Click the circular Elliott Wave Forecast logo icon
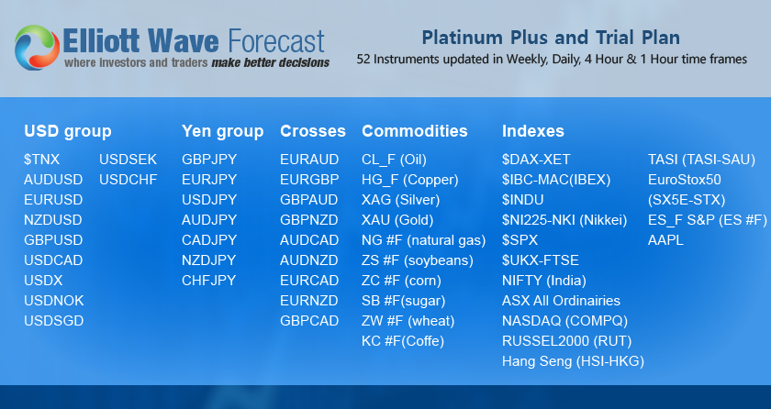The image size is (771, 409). point(38,48)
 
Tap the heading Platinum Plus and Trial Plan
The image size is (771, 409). point(551,38)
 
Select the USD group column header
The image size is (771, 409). point(68,131)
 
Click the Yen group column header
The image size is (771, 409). point(223,131)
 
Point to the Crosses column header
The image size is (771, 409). point(313,131)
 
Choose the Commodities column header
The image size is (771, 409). point(415,131)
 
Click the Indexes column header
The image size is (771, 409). point(533,131)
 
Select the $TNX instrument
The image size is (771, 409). point(42,160)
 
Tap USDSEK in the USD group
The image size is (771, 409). point(128,160)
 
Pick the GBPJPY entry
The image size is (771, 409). point(209,160)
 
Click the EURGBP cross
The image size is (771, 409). point(309,180)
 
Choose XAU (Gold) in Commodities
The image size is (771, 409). point(397,220)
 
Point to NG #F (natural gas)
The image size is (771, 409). point(424,240)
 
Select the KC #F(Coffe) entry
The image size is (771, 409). point(403,341)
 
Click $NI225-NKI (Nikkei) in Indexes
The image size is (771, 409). point(564,220)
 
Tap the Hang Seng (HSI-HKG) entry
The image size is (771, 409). point(573,361)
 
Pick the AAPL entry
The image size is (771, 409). point(665,240)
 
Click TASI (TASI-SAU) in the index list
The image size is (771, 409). point(701,160)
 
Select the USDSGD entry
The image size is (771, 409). point(53,321)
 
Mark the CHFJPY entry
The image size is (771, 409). point(209,281)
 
